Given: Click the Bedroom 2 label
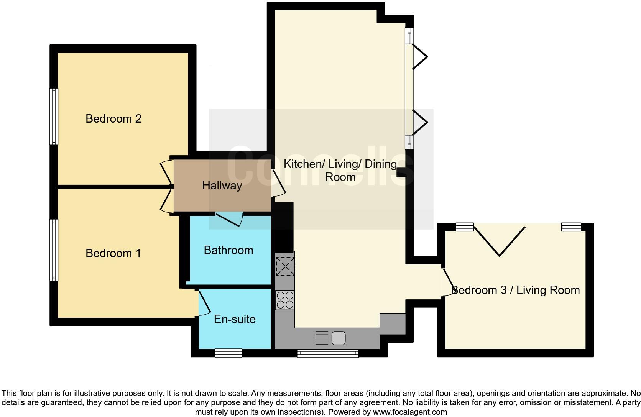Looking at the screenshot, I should pyautogui.click(x=113, y=119).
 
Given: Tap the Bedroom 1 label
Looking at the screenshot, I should pyautogui.click(x=113, y=253).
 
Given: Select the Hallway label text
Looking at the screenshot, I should pyautogui.click(x=222, y=186).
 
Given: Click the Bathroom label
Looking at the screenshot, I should pyautogui.click(x=228, y=250).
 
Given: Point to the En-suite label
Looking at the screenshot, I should pyautogui.click(x=235, y=319).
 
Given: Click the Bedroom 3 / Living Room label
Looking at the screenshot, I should pyautogui.click(x=516, y=290).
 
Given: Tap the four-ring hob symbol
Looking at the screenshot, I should pyautogui.click(x=285, y=300).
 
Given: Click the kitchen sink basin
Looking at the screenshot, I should pyautogui.click(x=339, y=338).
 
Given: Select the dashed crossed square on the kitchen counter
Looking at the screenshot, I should pyautogui.click(x=285, y=266).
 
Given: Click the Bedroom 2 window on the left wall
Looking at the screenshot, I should pyautogui.click(x=54, y=117).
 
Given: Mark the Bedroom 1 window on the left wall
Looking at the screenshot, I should pyautogui.click(x=54, y=250).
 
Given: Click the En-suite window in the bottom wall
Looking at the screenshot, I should pyautogui.click(x=228, y=353).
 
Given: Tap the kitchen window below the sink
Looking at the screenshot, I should pyautogui.click(x=328, y=353).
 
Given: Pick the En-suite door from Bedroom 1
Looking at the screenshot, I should pyautogui.click(x=204, y=303).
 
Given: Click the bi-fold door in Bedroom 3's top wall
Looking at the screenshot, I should pyautogui.click(x=499, y=240).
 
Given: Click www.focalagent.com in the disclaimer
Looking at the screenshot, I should pyautogui.click(x=409, y=412).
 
